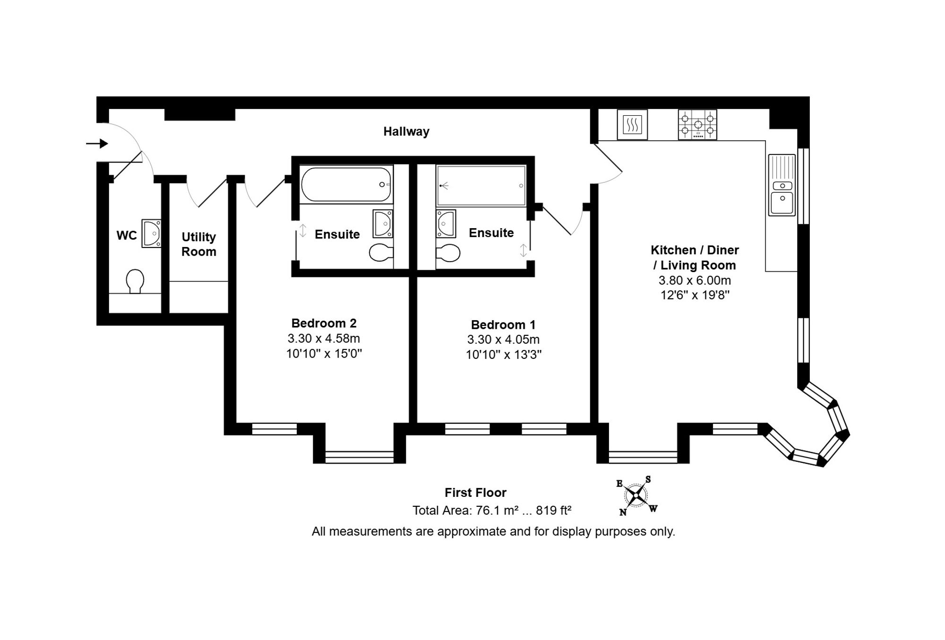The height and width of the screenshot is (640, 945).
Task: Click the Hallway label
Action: pyautogui.click(x=406, y=131)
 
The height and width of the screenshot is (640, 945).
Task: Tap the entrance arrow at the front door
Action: pyautogui.click(x=97, y=143)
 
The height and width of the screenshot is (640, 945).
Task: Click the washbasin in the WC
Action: pyautogui.click(x=152, y=233)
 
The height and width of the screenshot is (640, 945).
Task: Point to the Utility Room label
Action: pyautogui.click(x=199, y=244)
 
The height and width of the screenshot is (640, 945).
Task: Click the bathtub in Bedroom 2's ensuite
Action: pyautogui.click(x=346, y=184)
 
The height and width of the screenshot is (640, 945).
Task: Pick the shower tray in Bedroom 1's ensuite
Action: pyautogui.click(x=481, y=186)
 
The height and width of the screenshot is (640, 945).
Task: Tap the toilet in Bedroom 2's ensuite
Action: pyautogui.click(x=381, y=253)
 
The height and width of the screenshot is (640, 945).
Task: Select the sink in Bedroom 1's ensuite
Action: pyautogui.click(x=446, y=224)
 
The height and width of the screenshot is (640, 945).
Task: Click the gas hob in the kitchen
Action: pyautogui.click(x=697, y=125)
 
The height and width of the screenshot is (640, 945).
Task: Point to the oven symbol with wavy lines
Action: pyautogui.click(x=632, y=125)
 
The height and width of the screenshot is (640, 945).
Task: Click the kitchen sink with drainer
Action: pyautogui.click(x=782, y=185)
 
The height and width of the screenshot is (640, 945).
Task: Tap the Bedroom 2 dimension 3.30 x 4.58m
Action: pyautogui.click(x=324, y=339)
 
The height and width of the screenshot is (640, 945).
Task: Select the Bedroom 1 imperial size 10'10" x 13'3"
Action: pyautogui.click(x=504, y=355)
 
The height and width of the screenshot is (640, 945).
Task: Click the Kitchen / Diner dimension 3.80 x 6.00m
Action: pyautogui.click(x=695, y=280)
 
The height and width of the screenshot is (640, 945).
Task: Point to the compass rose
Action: pyautogui.click(x=637, y=495)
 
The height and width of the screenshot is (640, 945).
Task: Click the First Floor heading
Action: pyautogui.click(x=475, y=493)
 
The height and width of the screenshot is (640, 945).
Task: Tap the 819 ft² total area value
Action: pyautogui.click(x=554, y=510)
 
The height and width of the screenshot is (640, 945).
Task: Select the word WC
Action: pyautogui.click(x=127, y=235)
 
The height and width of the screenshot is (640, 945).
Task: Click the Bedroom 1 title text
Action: pyautogui.click(x=503, y=324)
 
